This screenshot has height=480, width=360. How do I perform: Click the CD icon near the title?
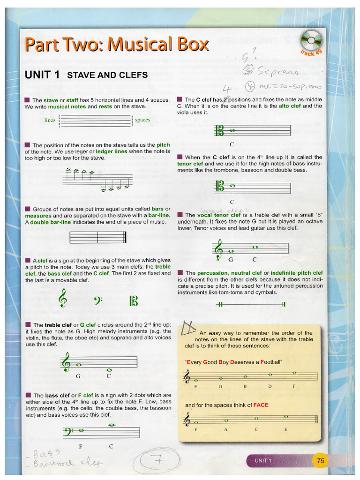coord(310,40)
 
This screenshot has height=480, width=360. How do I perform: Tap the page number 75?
coord(321,461)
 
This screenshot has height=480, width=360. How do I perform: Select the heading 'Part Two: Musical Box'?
coord(116,45)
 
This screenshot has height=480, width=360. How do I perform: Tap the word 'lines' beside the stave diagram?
coord(50,120)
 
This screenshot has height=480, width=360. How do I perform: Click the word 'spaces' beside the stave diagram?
coord(142,120)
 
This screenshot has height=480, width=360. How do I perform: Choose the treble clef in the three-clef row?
coord(62,298)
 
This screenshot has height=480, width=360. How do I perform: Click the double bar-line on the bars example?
coord(124,237)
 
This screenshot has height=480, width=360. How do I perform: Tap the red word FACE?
coord(261,405)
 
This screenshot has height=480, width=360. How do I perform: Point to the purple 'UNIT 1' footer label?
coord(263,461)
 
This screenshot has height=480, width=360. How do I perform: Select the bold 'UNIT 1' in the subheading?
coord(42,75)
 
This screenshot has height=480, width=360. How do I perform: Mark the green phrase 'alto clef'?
coord(290,106)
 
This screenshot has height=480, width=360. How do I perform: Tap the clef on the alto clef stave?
coord(218,131)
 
